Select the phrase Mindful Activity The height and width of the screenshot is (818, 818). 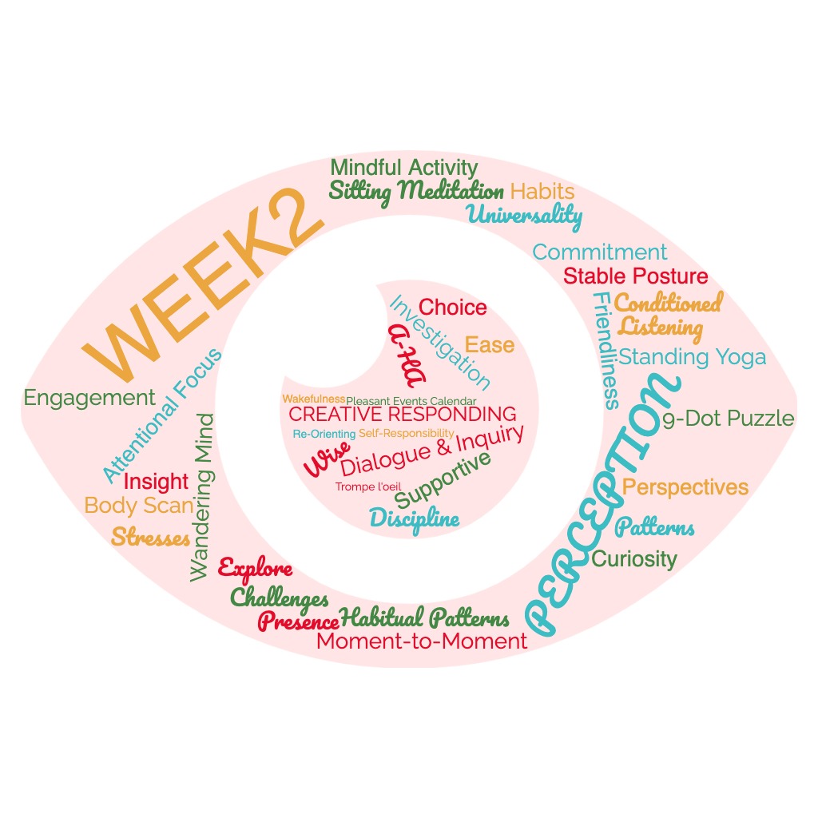point(403,169)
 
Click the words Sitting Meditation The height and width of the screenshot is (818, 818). point(415,192)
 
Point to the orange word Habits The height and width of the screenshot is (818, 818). point(542,192)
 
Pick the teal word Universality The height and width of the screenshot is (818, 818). point(525,214)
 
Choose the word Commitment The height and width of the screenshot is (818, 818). point(599,252)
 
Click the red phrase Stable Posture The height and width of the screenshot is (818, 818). point(635,276)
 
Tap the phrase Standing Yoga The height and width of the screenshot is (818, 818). point(692,357)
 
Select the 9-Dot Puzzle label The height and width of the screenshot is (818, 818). point(728,419)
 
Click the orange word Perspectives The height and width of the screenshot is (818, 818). point(685,487)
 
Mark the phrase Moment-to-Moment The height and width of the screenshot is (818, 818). point(422,641)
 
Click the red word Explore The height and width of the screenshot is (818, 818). point(255,570)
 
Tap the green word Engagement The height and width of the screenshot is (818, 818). point(89,398)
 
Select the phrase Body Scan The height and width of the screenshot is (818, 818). point(139,506)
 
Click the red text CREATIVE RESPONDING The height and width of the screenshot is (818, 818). point(402,415)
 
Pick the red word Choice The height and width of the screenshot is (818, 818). point(452,308)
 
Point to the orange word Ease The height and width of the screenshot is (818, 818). point(490,345)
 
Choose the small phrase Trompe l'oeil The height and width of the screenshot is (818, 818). point(367,486)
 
